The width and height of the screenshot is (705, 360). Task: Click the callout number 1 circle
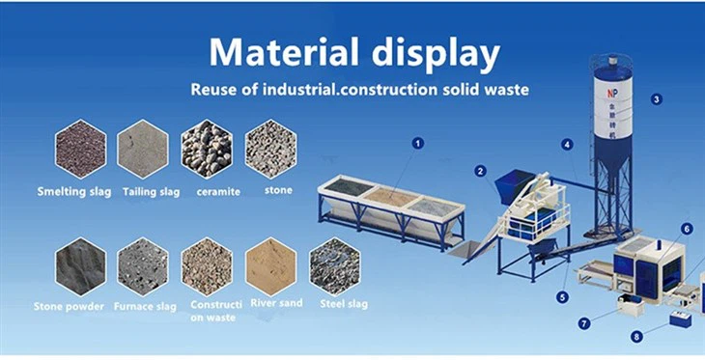click(417, 143)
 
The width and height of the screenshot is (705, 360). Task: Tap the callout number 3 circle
click(656, 98)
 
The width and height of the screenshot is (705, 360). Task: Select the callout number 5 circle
click(562, 297)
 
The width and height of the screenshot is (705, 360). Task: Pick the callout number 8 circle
click(635, 337)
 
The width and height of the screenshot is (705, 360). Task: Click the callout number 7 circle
click(584, 323)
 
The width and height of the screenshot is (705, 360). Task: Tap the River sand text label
click(276, 303)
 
